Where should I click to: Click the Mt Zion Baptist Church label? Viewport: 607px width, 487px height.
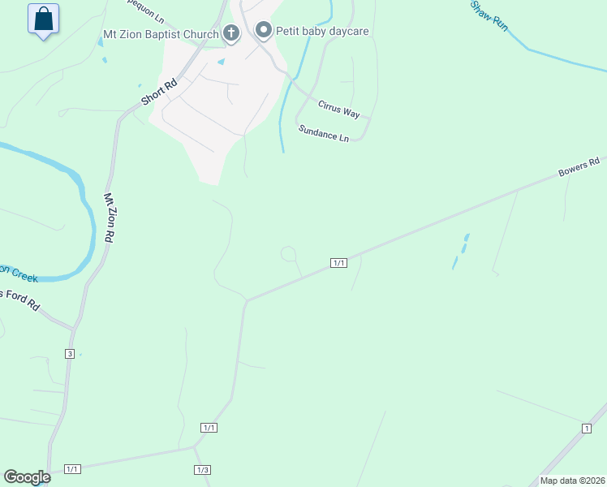161,35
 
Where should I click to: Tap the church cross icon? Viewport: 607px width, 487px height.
231,33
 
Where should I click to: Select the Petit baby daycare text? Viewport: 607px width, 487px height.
322,32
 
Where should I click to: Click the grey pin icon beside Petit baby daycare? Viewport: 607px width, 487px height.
263,31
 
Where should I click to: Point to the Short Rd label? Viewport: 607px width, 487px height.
158,91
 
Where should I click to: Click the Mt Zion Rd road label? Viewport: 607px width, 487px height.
108,218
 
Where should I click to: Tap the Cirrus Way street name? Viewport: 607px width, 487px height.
338,109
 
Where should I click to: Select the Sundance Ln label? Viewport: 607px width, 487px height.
323,133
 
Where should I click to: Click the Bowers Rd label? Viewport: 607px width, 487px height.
578,168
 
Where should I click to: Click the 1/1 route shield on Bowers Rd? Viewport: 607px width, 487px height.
339,262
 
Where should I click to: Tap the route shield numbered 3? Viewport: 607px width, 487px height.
70,354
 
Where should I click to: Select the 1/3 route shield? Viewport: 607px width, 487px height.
202,470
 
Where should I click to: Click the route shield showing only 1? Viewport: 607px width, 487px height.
585,428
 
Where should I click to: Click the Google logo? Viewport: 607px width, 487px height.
27,477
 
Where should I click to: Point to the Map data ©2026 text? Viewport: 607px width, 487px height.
572,480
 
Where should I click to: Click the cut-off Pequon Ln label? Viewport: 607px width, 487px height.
146,4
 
